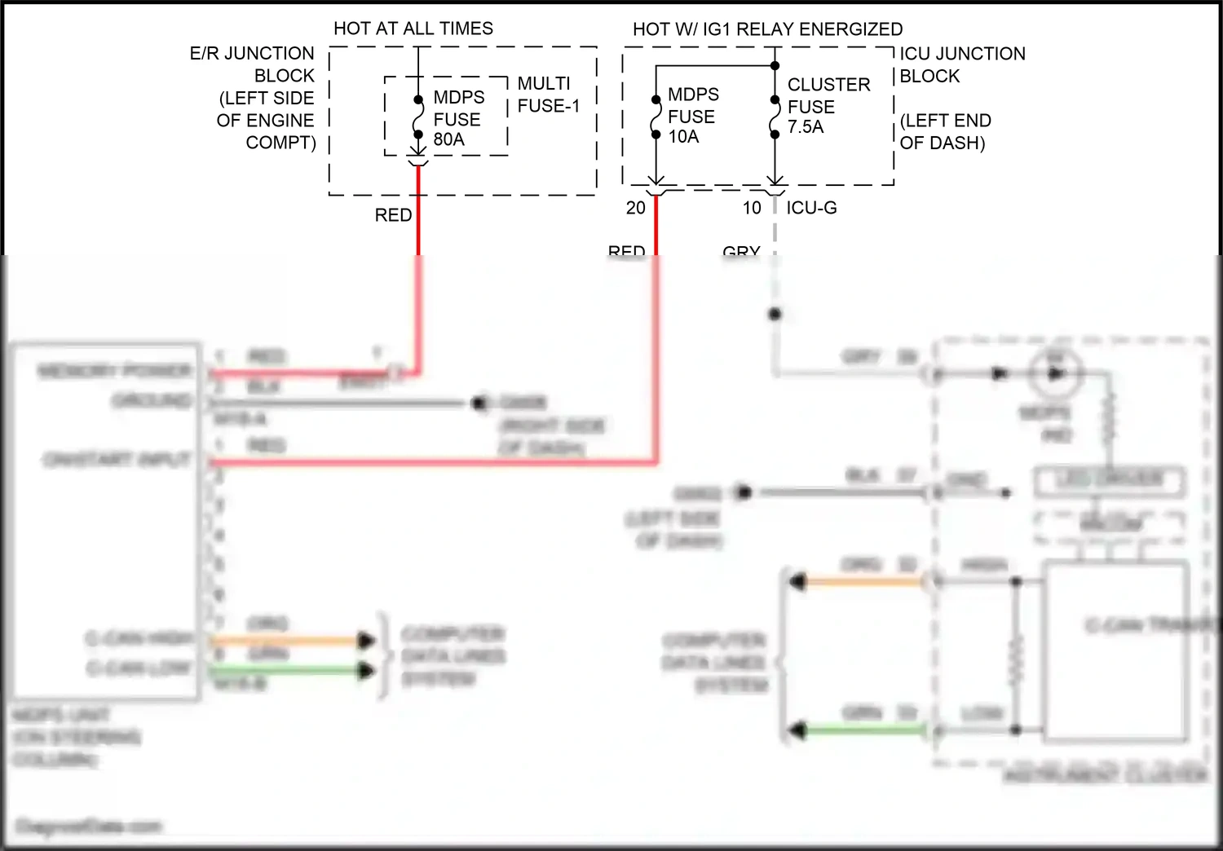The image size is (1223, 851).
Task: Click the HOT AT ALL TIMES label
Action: [x=413, y=29]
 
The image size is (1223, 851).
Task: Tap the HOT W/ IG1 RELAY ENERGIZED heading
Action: [x=767, y=29]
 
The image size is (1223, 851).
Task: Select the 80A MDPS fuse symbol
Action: [x=418, y=117]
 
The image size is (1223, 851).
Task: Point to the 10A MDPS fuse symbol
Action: [x=656, y=117]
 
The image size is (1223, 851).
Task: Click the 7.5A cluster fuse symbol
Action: [x=775, y=117]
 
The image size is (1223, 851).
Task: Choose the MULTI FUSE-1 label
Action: [x=548, y=95]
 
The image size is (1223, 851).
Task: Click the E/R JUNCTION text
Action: [x=252, y=54]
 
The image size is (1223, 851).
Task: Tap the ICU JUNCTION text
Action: [x=962, y=54]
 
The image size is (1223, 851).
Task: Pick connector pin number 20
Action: [x=636, y=208]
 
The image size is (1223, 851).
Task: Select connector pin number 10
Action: [x=752, y=208]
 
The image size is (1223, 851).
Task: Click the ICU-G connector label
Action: [x=811, y=208]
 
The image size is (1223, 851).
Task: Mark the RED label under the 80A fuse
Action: [x=393, y=215]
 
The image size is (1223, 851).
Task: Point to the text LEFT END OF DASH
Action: [x=945, y=132]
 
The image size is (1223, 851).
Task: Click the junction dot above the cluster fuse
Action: [x=775, y=66]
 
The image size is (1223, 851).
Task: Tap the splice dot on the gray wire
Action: [x=775, y=314]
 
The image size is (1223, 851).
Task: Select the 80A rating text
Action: [x=449, y=139]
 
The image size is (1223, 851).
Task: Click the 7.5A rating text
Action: [x=806, y=127]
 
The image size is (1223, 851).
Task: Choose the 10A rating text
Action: [x=683, y=137]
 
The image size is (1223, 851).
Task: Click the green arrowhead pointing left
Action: [x=797, y=730]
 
